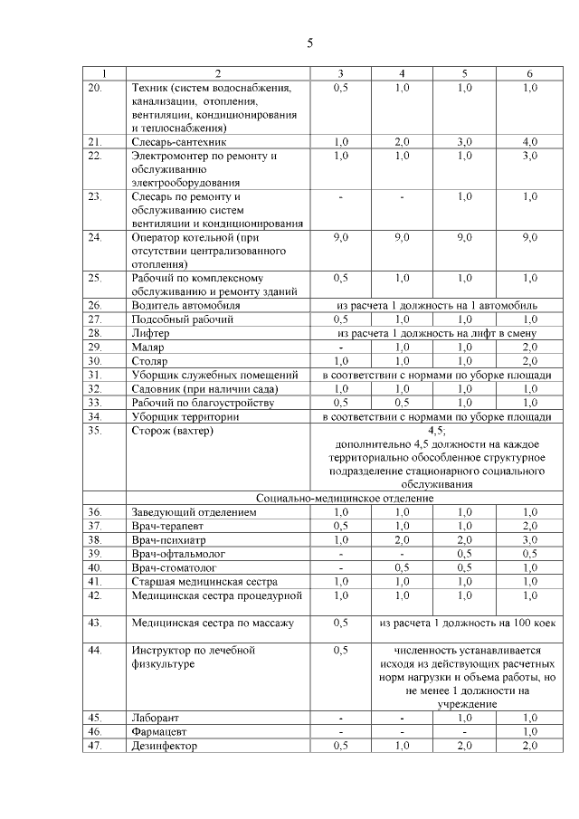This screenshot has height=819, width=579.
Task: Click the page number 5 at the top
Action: (309, 43)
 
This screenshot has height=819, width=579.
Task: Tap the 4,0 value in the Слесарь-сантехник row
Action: (530, 142)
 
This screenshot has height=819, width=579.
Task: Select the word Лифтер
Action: (149, 333)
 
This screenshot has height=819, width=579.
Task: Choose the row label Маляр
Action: (147, 347)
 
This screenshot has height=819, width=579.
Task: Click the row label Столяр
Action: (149, 361)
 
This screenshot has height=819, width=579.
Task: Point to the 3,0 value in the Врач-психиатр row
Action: (530, 539)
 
